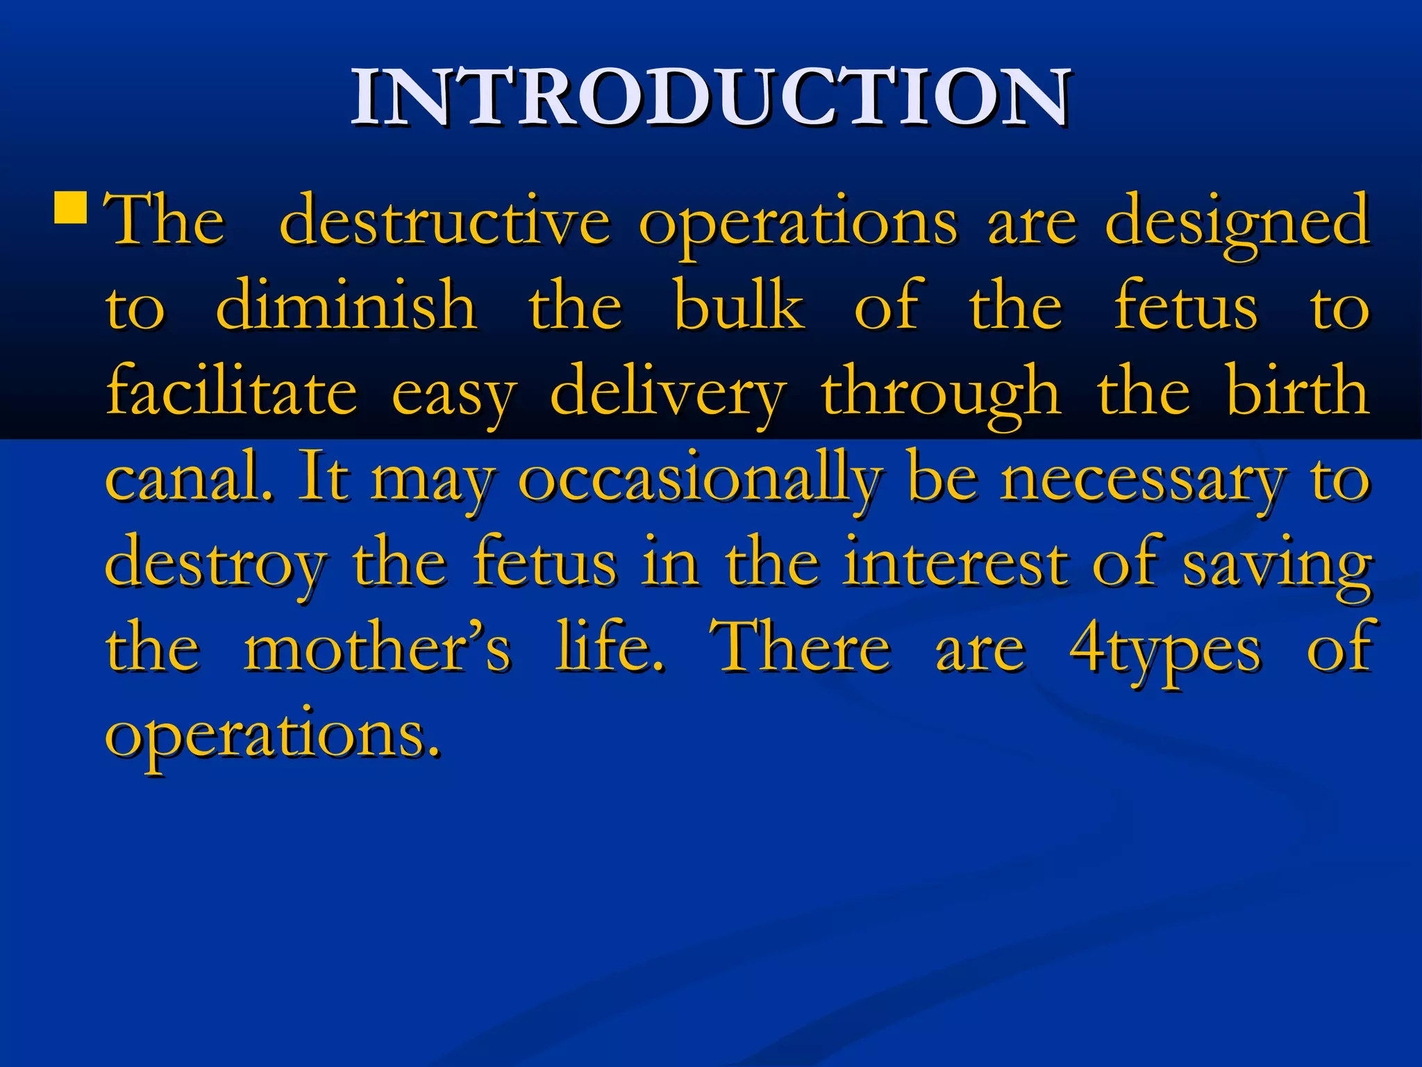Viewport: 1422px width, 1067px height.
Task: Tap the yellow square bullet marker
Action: pyautogui.click(x=70, y=208)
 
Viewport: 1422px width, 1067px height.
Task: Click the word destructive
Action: pyautogui.click(x=444, y=221)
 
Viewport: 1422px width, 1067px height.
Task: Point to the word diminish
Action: pyautogui.click(x=346, y=306)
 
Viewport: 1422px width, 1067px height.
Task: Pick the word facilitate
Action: pyautogui.click(x=231, y=391)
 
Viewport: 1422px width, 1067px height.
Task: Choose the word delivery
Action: pyautogui.click(x=668, y=393)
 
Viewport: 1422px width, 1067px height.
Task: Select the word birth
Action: pyautogui.click(x=1297, y=391)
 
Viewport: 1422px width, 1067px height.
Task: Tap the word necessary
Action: pyautogui.click(x=1142, y=481)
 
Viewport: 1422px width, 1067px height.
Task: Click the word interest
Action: pyautogui.click(x=955, y=563)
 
